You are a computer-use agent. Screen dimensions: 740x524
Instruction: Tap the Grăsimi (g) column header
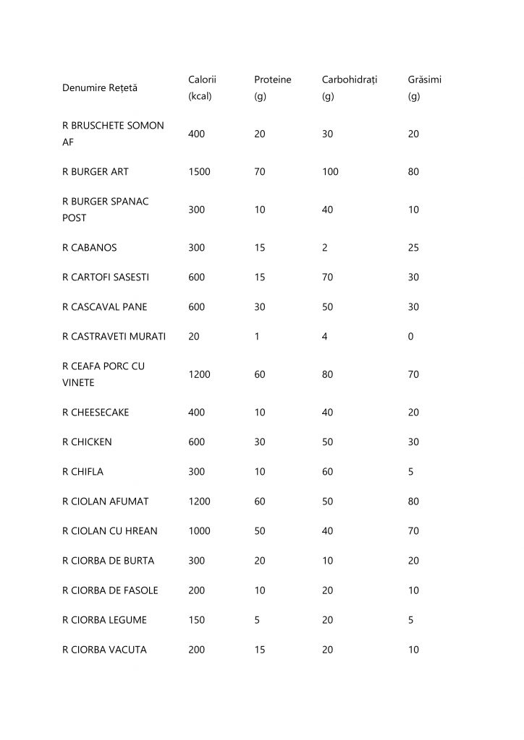424,87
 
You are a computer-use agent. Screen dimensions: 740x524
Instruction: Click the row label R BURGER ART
96,172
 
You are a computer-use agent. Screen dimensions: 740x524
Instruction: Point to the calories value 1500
199,172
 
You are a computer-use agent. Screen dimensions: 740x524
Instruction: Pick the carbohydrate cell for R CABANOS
325,247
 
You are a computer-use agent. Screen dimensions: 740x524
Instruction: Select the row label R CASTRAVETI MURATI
114,337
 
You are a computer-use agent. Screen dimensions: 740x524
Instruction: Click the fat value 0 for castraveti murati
410,337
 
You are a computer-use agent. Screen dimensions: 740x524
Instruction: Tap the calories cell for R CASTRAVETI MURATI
193,337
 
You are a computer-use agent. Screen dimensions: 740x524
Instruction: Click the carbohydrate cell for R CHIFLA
328,472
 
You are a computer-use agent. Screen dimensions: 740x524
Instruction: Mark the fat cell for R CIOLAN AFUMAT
413,502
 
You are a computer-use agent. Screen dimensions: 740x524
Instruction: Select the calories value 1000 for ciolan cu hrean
199,531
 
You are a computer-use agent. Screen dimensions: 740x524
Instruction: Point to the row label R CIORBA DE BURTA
108,561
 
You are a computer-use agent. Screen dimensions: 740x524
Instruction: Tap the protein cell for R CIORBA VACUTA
260,650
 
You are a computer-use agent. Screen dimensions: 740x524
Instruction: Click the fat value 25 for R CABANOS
413,247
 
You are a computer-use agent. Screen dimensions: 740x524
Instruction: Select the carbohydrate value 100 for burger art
330,172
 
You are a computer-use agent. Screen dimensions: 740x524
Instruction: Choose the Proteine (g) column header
272,87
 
